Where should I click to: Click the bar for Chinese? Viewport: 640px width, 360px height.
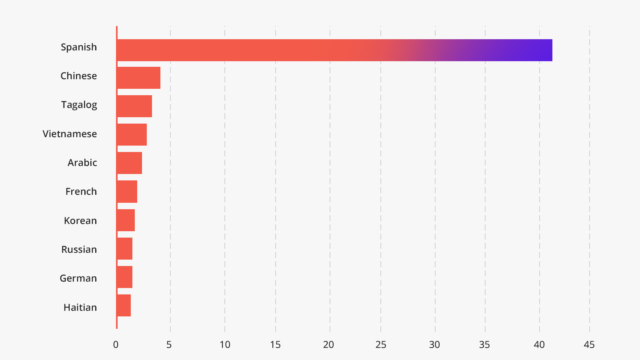coord(139,78)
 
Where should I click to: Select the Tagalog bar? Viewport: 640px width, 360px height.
coord(134,106)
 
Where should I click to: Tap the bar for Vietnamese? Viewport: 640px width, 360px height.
coord(132,135)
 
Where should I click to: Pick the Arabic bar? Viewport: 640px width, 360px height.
coord(130,163)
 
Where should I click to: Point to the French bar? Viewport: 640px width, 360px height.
coord(127,192)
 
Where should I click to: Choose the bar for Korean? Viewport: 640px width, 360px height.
coord(126,220)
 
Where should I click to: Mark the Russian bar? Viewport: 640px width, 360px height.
coord(125,249)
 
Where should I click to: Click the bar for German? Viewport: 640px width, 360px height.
coord(125,277)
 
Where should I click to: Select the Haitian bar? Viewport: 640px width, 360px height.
coord(124,306)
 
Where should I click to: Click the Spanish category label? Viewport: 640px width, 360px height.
coord(79,47)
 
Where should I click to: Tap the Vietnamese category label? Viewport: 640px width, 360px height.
coord(70,134)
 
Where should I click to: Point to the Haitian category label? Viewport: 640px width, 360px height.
coord(80,308)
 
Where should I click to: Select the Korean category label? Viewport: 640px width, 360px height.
coord(80,221)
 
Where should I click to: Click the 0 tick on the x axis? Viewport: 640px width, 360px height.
coord(116,345)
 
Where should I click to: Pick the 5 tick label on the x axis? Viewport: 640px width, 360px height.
coord(169,345)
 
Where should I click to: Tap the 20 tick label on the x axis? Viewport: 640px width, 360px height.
coord(329,345)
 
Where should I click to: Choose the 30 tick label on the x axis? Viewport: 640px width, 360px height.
coord(434,345)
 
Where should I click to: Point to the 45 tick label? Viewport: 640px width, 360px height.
coord(589,345)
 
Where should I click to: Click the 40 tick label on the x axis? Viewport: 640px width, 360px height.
coord(539,345)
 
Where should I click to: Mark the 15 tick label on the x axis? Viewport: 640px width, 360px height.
coord(275,345)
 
